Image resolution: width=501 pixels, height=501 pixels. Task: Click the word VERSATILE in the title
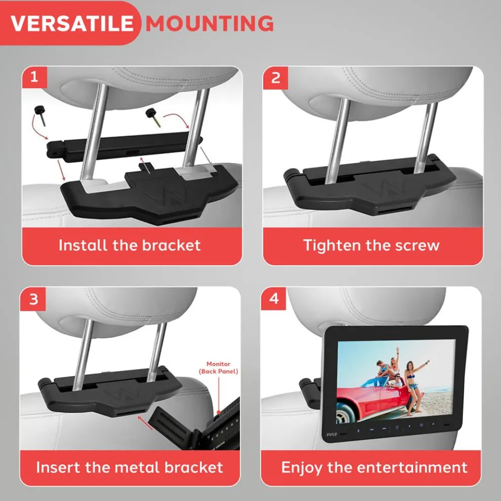click(x=72, y=23)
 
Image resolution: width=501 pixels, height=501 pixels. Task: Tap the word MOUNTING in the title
click(x=210, y=23)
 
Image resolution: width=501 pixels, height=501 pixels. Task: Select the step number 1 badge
click(x=34, y=77)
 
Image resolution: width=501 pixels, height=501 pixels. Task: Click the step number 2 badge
click(x=275, y=77)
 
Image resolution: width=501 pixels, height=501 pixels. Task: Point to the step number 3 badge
click(x=33, y=300)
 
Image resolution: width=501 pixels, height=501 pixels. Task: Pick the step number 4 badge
click(x=274, y=299)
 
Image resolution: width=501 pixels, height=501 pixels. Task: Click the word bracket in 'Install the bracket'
click(x=171, y=245)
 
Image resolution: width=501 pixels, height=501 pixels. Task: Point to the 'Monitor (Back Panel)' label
click(x=219, y=367)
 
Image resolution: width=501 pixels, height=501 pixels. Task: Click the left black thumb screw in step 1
click(x=40, y=115)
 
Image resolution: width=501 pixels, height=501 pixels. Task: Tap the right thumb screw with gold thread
click(x=154, y=117)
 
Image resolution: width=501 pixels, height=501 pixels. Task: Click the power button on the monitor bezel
click(x=397, y=428)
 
